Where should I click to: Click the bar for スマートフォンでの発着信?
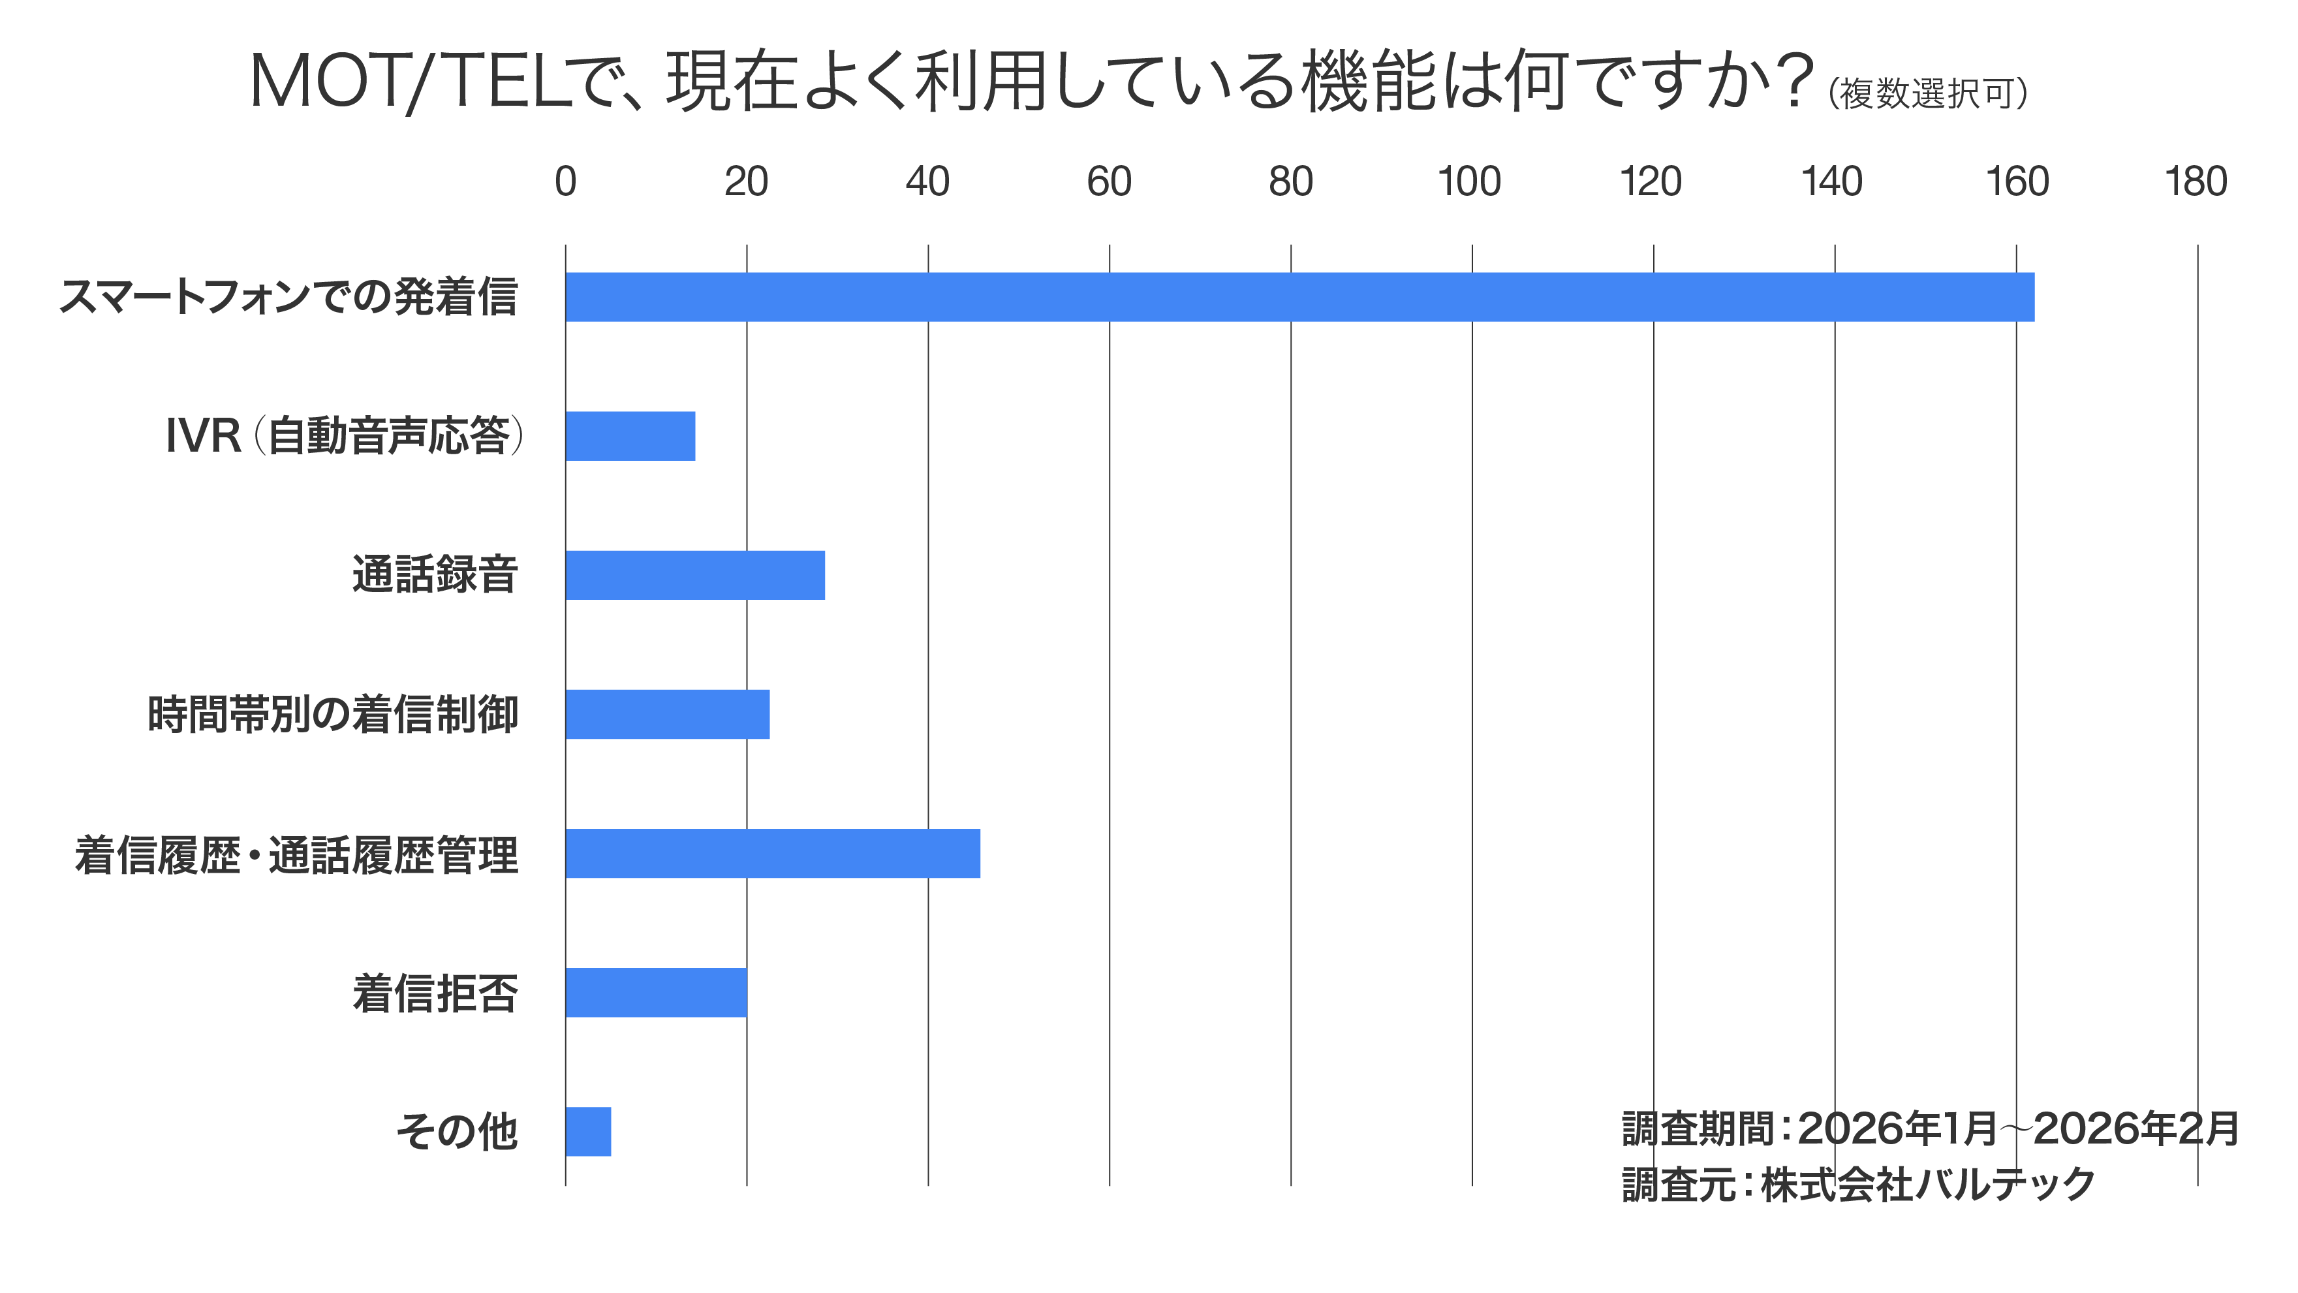[x=1299, y=297]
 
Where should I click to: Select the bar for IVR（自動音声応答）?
[x=630, y=437]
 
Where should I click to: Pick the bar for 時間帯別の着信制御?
[x=667, y=714]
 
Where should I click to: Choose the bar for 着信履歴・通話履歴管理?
[x=773, y=853]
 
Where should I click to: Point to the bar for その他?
[x=588, y=1132]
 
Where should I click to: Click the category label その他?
[x=457, y=1132]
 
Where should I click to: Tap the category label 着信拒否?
[x=435, y=993]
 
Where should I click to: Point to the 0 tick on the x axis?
[x=566, y=182]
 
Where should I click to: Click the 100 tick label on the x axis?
[x=1469, y=182]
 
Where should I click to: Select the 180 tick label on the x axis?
[x=2196, y=182]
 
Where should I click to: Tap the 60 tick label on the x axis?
[x=1109, y=182]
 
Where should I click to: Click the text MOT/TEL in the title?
[x=411, y=82]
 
